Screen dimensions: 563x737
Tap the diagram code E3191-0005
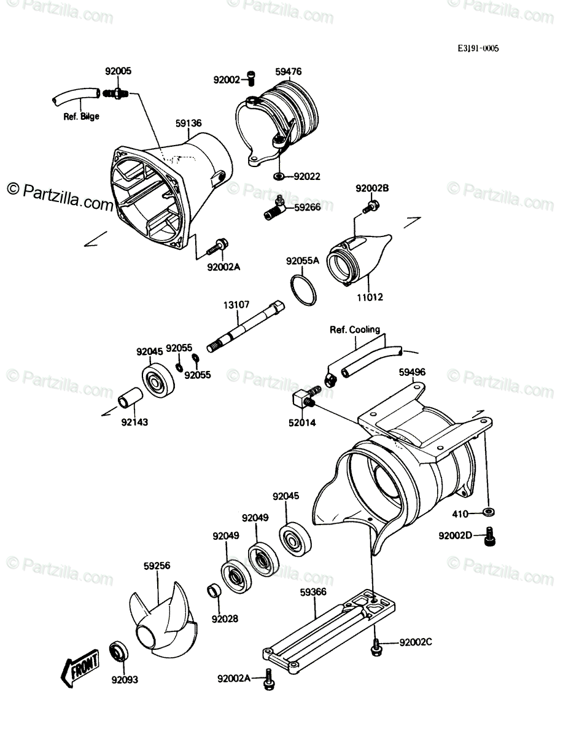click(x=478, y=49)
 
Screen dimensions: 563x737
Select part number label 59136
click(x=188, y=123)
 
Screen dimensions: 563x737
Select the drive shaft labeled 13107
click(x=246, y=326)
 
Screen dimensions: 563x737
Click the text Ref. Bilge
click(x=81, y=117)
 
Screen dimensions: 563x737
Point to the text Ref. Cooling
click(x=355, y=329)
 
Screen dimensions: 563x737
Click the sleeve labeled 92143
click(x=130, y=398)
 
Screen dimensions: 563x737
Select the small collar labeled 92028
click(x=215, y=591)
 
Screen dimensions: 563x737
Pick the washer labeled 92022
click(x=279, y=176)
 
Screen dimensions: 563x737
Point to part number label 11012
click(x=370, y=297)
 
